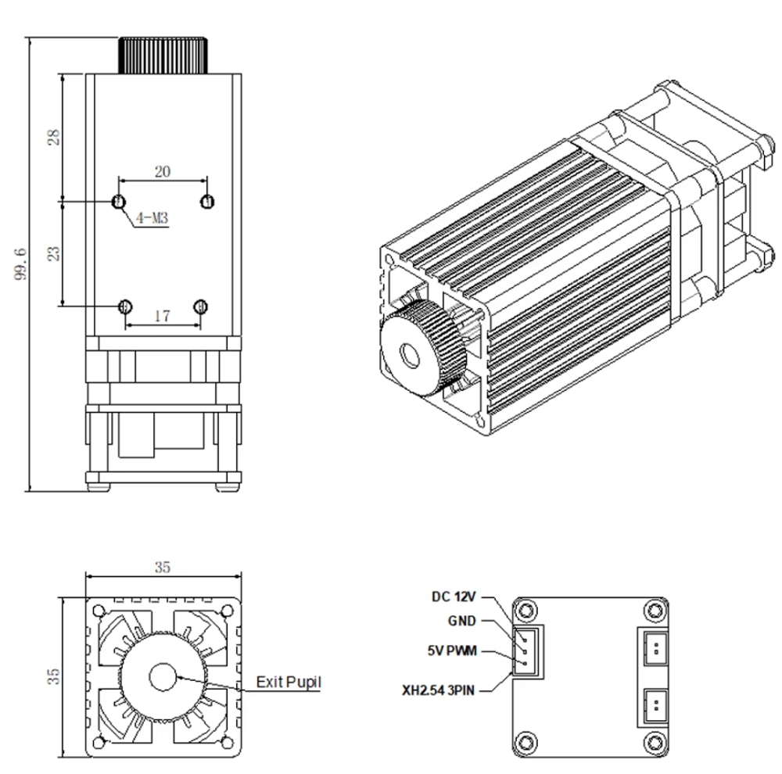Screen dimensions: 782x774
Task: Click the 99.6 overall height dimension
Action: click(22, 264)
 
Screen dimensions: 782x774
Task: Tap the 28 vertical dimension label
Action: click(53, 137)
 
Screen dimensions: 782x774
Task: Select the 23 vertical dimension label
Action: click(53, 253)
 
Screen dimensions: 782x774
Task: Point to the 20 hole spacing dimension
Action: click(163, 171)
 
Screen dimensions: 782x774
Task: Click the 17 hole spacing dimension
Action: click(162, 316)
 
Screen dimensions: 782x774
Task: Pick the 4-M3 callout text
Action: click(152, 218)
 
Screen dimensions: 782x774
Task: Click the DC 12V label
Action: click(454, 597)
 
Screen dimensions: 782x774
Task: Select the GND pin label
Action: click(462, 621)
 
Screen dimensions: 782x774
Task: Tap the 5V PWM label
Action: click(452, 650)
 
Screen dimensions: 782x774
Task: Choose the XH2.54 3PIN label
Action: click(439, 690)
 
